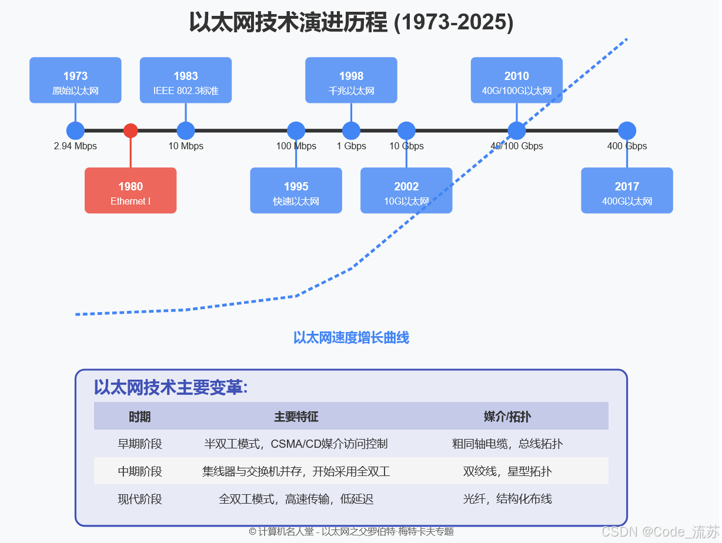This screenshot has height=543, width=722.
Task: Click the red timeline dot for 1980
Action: click(x=131, y=130)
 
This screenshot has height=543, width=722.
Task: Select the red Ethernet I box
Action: click(x=131, y=190)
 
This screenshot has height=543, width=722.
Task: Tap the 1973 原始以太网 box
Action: click(x=75, y=80)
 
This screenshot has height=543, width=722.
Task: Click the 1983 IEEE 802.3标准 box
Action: click(x=186, y=80)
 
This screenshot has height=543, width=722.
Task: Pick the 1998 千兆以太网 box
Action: click(x=351, y=80)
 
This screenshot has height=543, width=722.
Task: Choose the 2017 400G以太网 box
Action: click(x=627, y=190)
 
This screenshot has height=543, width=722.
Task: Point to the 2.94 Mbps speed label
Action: click(x=75, y=146)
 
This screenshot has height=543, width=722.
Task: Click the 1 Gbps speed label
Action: click(x=351, y=146)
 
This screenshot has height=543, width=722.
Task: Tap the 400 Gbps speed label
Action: click(x=627, y=146)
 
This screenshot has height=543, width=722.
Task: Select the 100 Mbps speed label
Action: click(x=296, y=146)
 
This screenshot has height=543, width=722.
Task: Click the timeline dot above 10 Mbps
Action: click(x=186, y=130)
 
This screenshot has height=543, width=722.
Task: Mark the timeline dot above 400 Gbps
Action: click(x=627, y=130)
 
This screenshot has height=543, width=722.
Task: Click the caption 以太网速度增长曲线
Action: click(x=351, y=338)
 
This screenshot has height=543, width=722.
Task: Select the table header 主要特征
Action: click(x=296, y=417)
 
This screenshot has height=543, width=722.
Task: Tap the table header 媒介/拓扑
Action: click(x=507, y=417)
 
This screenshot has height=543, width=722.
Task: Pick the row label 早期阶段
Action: click(x=140, y=444)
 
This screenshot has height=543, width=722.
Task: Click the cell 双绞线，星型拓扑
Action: click(x=507, y=471)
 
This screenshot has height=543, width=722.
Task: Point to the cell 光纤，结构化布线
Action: click(x=507, y=499)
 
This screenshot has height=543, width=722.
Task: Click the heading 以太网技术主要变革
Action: click(x=171, y=388)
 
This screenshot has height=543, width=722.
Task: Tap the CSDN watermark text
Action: click(x=660, y=532)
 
